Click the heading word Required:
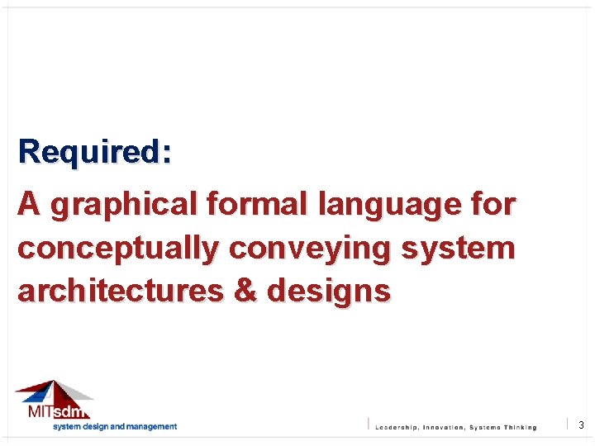coord(95,152)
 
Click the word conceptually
coord(119,248)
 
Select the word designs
coord(334,291)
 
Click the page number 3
coord(581,425)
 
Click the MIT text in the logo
coord(38,411)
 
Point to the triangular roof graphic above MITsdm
coord(54,391)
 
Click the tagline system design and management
coord(115,427)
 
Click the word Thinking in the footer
coord(518,427)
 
